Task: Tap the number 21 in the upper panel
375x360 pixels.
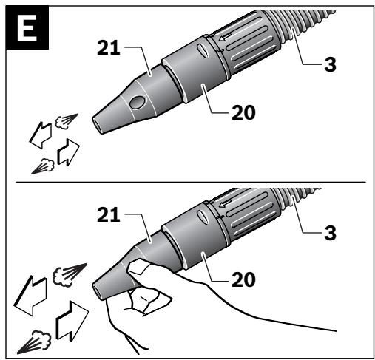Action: click(109, 48)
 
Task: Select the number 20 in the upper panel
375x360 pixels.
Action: click(243, 112)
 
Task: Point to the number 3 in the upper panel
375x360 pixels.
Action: click(330, 64)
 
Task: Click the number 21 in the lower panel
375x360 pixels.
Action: click(109, 215)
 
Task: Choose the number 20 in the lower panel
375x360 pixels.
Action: click(243, 279)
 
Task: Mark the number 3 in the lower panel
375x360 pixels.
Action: click(330, 233)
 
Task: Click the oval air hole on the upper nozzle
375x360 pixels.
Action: click(138, 103)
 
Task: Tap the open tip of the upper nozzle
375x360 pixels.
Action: click(98, 125)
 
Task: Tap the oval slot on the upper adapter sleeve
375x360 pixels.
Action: click(203, 51)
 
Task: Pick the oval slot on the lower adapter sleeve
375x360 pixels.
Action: click(203, 217)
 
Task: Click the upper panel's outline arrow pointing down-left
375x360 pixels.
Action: click(41, 135)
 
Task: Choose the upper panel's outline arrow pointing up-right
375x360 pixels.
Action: click(68, 152)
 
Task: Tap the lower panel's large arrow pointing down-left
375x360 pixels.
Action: click(30, 296)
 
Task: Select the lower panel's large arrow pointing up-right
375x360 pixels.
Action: click(72, 321)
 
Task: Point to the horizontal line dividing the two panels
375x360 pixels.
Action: click(191, 182)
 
